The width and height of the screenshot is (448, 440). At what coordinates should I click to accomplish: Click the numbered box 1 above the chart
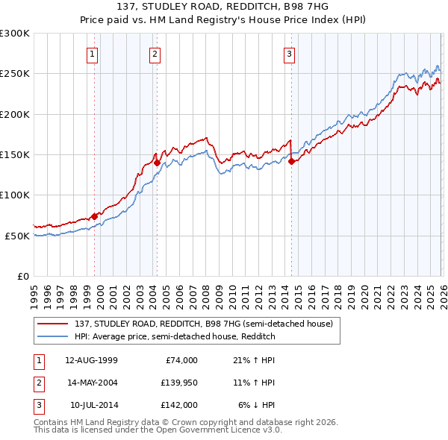point(93,53)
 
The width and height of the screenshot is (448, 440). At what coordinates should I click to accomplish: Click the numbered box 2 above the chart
point(155,53)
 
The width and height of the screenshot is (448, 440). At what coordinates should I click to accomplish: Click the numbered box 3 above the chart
point(289,53)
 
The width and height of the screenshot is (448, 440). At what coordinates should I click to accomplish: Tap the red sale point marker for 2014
point(291,160)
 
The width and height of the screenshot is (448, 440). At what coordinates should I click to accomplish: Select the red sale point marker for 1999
point(94,216)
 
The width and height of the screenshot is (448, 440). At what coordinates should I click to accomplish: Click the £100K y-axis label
point(15,195)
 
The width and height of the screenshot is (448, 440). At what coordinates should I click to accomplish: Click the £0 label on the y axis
point(22,276)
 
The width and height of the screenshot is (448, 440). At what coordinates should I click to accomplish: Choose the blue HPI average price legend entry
point(175,336)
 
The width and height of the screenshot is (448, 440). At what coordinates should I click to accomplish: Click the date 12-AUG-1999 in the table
point(91,360)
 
